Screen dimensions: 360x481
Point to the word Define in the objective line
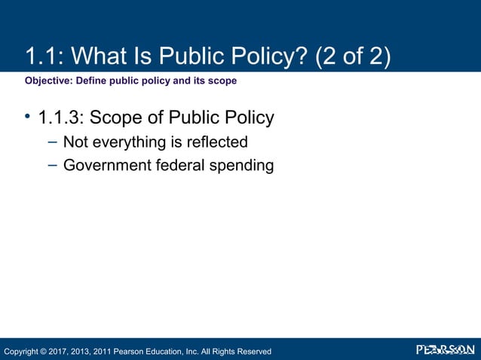pos(92,81)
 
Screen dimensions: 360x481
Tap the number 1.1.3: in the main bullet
pos(61,119)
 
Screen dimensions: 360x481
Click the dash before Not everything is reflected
pos(51,141)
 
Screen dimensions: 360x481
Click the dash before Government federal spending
pos(51,163)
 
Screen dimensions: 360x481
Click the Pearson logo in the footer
pos(446,350)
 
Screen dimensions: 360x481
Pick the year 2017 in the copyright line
pos(63,352)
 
